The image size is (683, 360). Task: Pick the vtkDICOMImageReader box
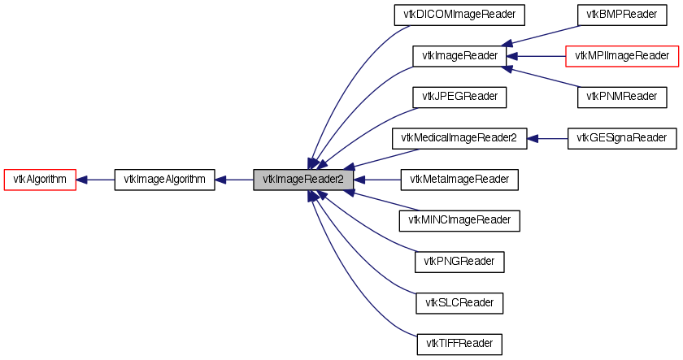459,15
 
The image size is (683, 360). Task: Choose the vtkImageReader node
459,56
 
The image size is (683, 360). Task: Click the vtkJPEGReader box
459,97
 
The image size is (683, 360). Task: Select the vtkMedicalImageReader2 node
459,138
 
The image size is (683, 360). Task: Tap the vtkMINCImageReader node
459,220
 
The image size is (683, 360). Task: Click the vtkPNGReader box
459,262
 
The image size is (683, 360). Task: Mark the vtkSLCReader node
459,303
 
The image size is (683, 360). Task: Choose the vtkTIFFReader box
459,344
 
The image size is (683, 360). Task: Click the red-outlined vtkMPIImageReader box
622,56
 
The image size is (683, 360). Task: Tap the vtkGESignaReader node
622,138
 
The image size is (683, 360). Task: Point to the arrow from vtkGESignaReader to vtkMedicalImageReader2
547,138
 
